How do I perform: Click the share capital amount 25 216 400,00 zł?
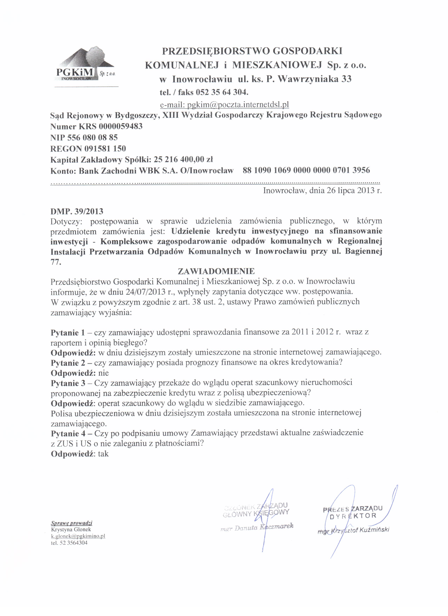tap(183, 159)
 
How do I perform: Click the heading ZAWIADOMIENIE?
tap(216, 271)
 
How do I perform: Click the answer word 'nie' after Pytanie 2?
tap(104, 373)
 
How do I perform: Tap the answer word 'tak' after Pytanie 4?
tap(103, 454)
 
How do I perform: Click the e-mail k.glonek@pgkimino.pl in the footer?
tap(78, 536)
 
